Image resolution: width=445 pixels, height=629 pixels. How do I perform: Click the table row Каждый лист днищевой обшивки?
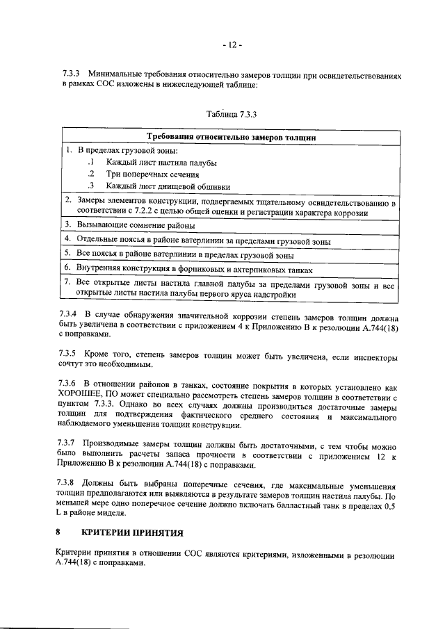coord(168,186)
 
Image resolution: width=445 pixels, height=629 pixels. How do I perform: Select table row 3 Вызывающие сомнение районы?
coord(135,225)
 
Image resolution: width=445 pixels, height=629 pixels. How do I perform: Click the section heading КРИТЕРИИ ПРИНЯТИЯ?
coord(132,533)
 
